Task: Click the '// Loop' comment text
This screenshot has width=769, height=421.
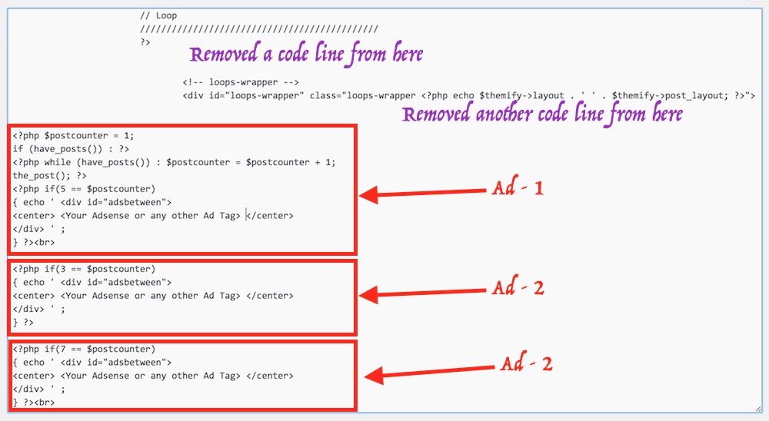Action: click(158, 15)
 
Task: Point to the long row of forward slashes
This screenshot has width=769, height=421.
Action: click(258, 28)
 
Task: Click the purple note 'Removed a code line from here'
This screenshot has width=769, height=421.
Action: click(306, 55)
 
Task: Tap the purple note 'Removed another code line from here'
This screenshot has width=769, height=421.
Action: click(542, 114)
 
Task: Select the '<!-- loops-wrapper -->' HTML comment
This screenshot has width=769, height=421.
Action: click(240, 82)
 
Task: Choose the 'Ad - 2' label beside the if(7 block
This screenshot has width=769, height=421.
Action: click(527, 364)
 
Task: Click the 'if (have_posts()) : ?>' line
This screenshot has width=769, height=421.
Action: click(58, 148)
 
